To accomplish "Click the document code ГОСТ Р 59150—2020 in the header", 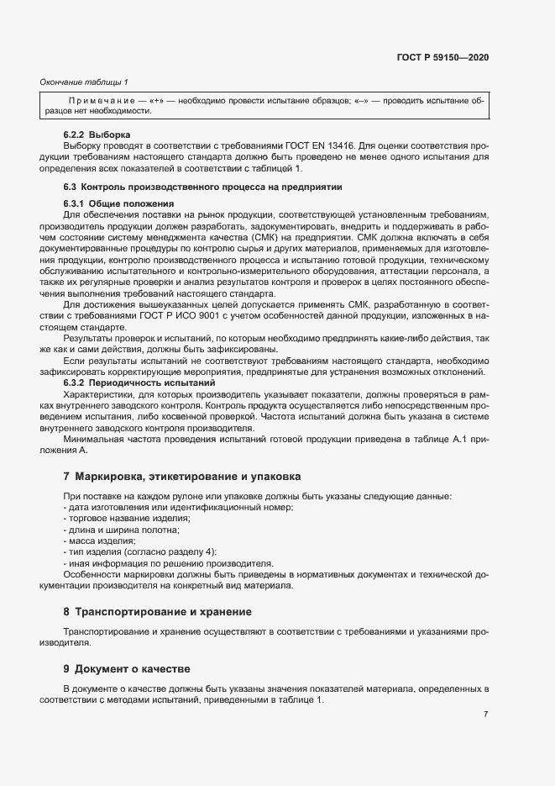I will (x=442, y=57).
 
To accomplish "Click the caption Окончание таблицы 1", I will (x=84, y=82).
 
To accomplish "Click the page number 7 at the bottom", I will (x=485, y=714).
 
